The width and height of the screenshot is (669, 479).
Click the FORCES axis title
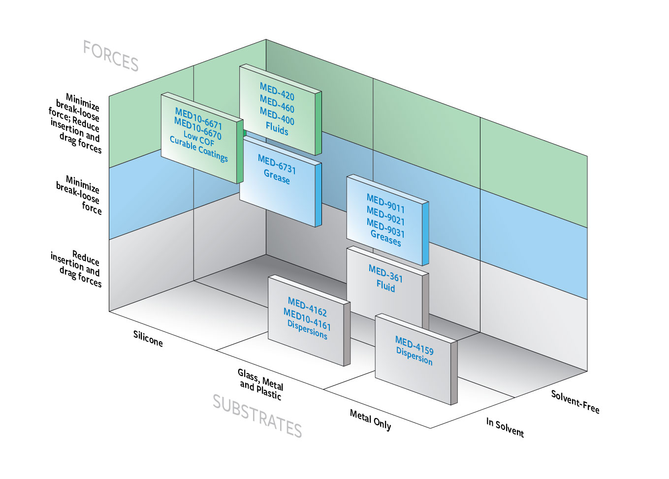tap(111, 56)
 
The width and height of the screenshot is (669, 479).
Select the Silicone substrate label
tap(148, 338)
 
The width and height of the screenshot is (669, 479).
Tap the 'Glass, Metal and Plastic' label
tap(260, 384)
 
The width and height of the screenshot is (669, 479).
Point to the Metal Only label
tap(370, 420)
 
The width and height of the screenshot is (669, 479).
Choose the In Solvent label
tap(505, 427)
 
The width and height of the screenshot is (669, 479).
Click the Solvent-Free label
tap(574, 402)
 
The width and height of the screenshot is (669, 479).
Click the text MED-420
tap(277, 92)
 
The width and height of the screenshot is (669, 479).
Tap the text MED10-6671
tap(198, 119)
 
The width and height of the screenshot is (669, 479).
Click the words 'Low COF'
tap(198, 138)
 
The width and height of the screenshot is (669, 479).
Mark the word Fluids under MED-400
tap(277, 129)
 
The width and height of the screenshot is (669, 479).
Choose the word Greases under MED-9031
tap(385, 239)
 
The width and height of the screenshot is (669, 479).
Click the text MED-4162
tap(307, 307)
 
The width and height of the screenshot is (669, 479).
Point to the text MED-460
tap(277, 104)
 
